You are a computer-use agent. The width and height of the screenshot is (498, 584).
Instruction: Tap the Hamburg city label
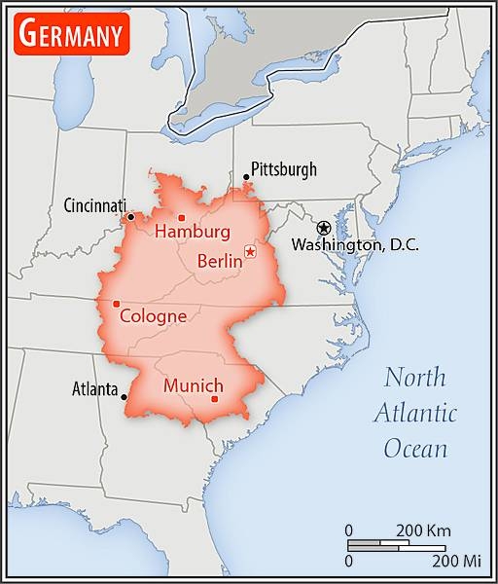(193, 232)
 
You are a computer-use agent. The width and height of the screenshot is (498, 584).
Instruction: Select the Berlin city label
(219, 260)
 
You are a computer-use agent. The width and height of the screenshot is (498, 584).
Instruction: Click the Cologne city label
(153, 315)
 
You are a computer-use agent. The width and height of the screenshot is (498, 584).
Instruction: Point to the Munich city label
(194, 385)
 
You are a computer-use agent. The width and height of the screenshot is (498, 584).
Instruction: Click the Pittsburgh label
(284, 169)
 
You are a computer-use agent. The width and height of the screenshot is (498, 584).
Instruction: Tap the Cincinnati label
(95, 205)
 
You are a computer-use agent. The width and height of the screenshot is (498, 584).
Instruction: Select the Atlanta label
(95, 389)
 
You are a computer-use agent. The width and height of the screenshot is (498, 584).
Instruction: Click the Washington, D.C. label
(355, 245)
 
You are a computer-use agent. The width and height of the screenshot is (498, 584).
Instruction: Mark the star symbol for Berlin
(250, 252)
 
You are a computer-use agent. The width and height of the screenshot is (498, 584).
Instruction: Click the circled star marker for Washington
(324, 227)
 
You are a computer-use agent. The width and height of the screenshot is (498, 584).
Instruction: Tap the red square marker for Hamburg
(182, 217)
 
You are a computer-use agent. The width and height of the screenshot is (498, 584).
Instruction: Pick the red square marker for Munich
(214, 399)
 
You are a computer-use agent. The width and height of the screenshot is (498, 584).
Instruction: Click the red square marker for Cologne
(117, 304)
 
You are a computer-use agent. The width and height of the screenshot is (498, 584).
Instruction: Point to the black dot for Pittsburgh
(246, 177)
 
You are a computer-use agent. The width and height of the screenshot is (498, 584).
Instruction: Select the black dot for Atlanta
(124, 396)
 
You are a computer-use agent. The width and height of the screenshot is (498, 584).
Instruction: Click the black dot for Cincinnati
(130, 216)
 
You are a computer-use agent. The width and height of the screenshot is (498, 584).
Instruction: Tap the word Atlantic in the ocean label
(415, 412)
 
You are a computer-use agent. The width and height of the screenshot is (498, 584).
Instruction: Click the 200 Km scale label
(423, 530)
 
